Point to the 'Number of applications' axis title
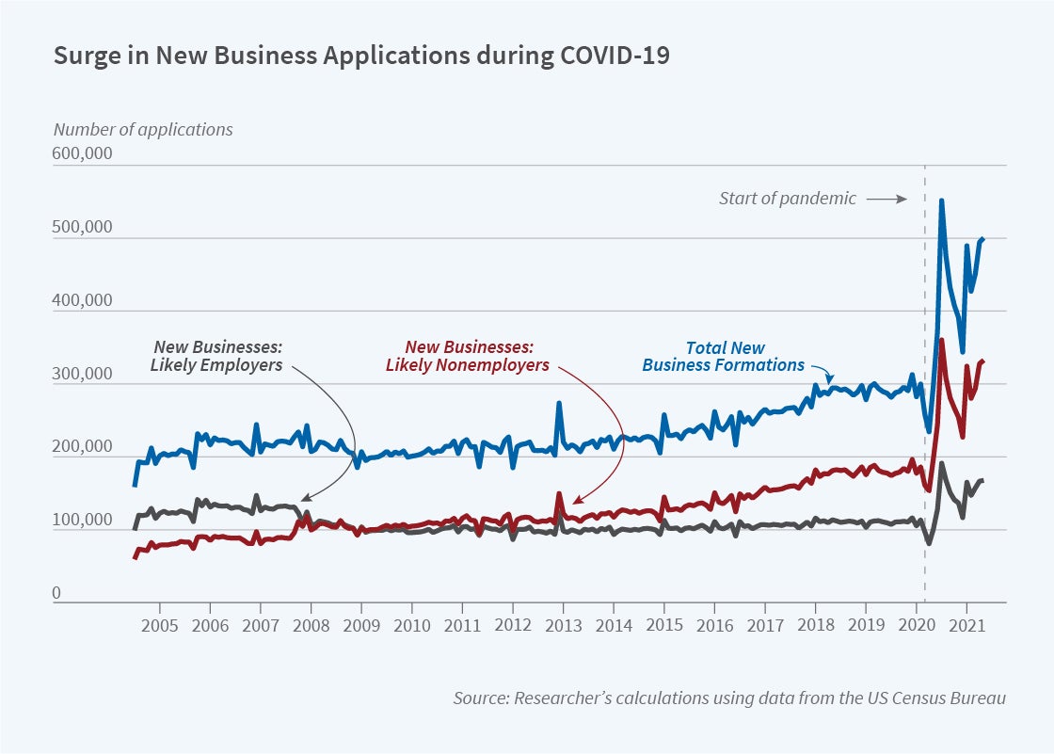143,130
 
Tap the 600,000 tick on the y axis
83,154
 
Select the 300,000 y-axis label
83,375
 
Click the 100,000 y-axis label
83,521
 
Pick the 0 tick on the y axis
56,593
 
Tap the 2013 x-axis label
563,625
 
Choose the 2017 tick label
765,625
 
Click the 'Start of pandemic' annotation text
788,199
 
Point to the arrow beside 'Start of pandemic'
886,199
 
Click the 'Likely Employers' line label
216,356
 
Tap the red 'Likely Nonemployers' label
468,356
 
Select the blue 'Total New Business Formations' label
724,356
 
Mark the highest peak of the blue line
942,201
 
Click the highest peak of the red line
942,340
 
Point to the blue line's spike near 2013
559,403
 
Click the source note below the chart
729,698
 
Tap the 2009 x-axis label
361,625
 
